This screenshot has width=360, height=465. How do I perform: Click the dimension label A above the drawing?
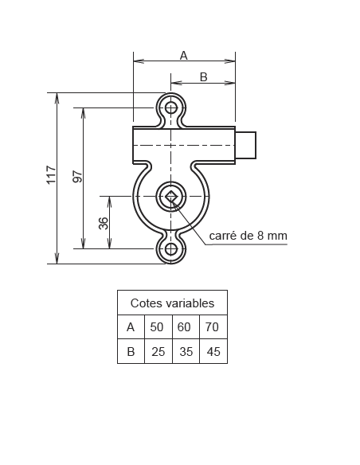coord(183,55)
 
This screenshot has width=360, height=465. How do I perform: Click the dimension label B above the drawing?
coord(203,76)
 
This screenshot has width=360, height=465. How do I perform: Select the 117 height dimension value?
coord(51,175)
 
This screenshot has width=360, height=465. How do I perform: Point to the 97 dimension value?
coord(77,177)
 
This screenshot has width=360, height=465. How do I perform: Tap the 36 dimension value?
coord(103,223)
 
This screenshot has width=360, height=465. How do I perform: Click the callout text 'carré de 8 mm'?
coord(248,236)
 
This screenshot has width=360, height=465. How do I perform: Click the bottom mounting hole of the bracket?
coord(170,248)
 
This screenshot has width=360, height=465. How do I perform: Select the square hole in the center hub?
coord(170,196)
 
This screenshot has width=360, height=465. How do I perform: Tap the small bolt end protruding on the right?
coord(246,146)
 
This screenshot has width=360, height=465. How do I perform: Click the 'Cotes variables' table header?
coord(172,303)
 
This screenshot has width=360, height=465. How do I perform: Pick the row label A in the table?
coord(131,327)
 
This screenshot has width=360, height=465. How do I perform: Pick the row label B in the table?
coord(131,351)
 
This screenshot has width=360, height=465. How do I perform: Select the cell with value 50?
coord(158,327)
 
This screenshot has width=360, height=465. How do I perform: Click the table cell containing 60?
coord(185,327)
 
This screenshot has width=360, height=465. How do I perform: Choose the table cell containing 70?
coord(213,327)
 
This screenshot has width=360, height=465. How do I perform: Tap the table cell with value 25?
coord(158,351)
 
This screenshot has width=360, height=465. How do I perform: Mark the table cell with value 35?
coord(185,351)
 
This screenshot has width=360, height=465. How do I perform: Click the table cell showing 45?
coord(213,351)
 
